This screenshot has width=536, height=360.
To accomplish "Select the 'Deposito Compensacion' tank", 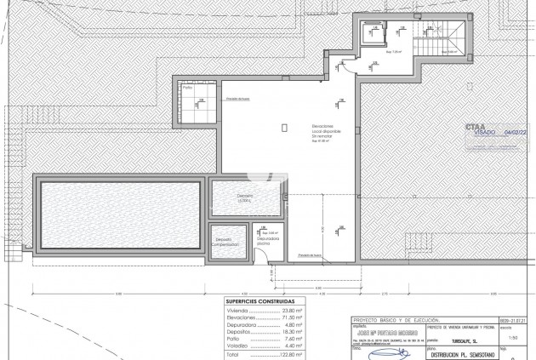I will coord(226,242).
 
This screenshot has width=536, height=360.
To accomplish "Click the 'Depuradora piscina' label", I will coord(269,242).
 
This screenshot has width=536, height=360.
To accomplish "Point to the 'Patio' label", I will coord(187,88).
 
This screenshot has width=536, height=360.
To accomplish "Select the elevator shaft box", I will coord(373,34).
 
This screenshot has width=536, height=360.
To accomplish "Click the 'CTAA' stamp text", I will coord(476,126).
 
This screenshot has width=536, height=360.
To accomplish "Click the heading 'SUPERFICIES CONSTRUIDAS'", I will coord(261,301).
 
